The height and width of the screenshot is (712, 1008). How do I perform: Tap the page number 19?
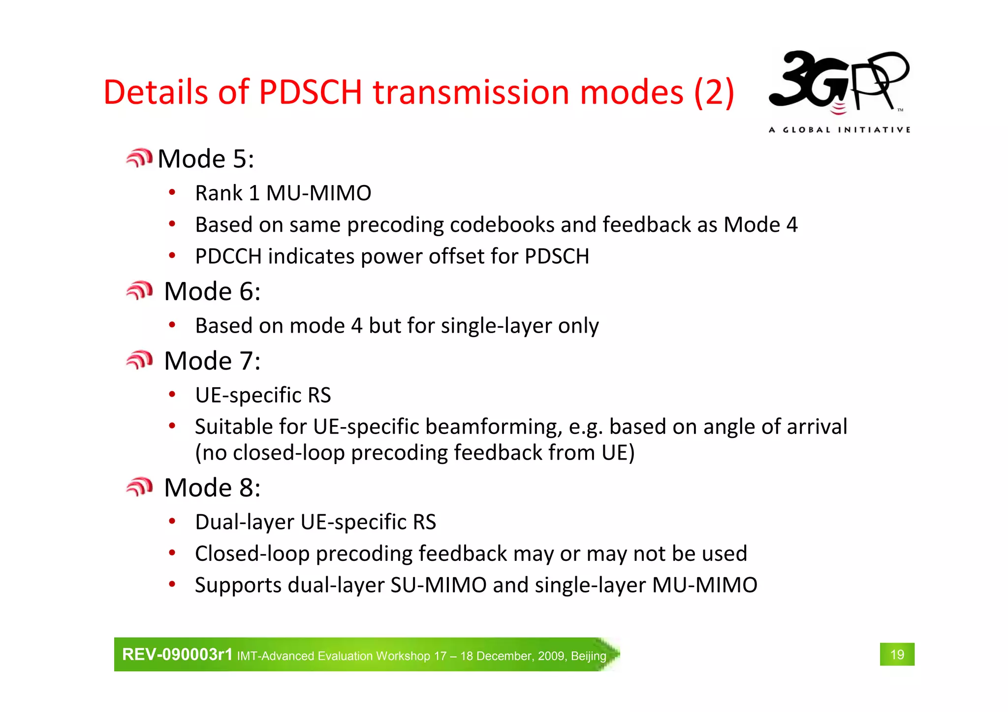(x=897, y=654)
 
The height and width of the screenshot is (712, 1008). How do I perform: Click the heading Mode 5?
(x=206, y=159)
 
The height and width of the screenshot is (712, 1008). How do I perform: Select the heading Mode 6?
(x=212, y=291)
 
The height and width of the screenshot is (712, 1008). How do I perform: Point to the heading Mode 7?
(x=212, y=361)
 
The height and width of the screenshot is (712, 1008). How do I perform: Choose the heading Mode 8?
(x=212, y=488)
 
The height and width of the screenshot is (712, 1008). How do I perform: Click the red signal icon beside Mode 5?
(x=139, y=158)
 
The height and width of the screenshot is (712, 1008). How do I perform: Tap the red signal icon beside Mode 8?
(x=139, y=487)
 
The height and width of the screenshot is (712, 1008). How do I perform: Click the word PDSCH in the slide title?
(x=311, y=92)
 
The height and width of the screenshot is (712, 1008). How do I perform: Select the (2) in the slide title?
(x=714, y=92)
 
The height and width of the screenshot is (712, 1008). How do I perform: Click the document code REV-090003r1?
(x=177, y=654)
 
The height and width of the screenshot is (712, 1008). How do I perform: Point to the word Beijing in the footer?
(x=588, y=656)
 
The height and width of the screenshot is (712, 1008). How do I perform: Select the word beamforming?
(x=494, y=427)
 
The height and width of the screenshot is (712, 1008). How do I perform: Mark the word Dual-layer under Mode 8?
(x=245, y=522)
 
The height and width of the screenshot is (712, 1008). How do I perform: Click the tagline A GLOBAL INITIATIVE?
(x=839, y=130)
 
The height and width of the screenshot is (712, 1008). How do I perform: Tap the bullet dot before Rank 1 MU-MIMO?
(x=172, y=192)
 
